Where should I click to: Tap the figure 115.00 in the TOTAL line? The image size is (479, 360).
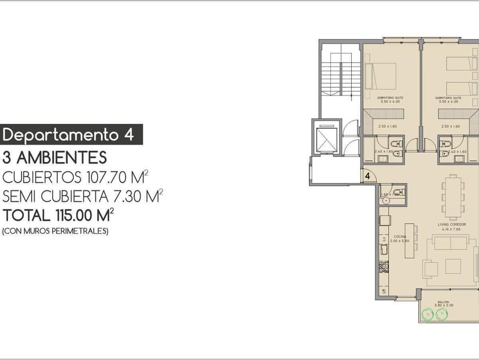pos(75,216)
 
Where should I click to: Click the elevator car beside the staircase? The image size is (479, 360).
pos(326,138)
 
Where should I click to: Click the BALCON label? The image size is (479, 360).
pos(443,302)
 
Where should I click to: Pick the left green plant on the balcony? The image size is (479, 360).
pos(428,314)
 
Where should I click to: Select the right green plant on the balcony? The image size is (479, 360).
pos(443,314)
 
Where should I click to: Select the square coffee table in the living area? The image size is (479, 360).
pos(453,266)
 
